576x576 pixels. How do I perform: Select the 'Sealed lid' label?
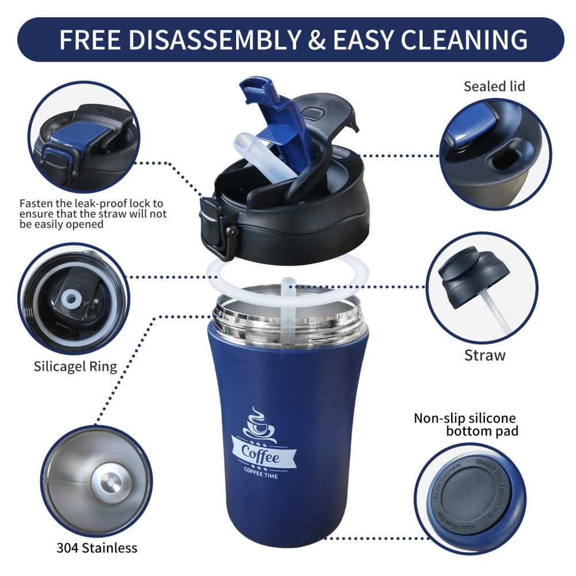pos(494,86)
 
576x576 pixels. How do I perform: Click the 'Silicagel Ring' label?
pos(75,366)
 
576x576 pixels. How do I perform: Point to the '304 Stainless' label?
pos(97,547)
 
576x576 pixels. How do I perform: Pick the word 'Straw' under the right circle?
pos(484,355)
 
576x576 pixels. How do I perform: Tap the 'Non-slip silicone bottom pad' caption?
pos(465,424)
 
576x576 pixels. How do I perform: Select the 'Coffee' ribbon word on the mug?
pos(261,456)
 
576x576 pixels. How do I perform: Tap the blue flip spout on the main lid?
pos(271,109)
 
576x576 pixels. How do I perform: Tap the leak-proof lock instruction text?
pos(93,214)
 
